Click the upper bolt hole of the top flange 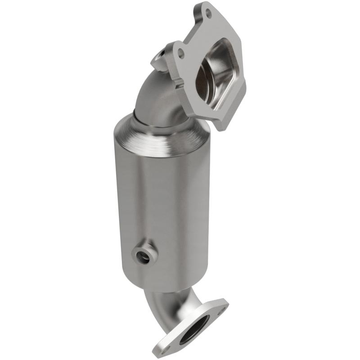208,13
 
